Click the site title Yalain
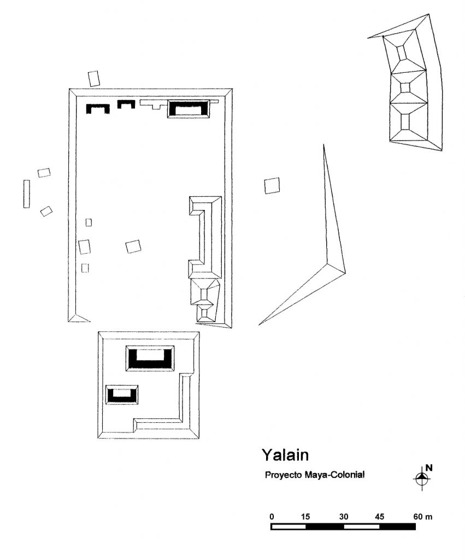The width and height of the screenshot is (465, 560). pyautogui.click(x=285, y=455)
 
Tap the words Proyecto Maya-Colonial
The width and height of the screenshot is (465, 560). pyautogui.click(x=315, y=475)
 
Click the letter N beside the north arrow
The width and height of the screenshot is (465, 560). pyautogui.click(x=429, y=468)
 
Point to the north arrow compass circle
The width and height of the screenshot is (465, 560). pyautogui.click(x=421, y=478)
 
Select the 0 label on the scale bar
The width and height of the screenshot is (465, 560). pyautogui.click(x=272, y=517)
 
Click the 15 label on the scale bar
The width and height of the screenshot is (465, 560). pyautogui.click(x=305, y=517)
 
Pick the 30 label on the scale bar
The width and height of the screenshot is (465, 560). pyautogui.click(x=344, y=517)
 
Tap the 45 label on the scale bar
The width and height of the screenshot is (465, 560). pyautogui.click(x=380, y=517)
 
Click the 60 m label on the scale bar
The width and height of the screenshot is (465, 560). pyautogui.click(x=423, y=517)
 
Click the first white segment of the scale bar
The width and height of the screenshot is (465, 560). pyautogui.click(x=289, y=527)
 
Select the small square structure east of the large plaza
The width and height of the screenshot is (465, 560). pyautogui.click(x=272, y=186)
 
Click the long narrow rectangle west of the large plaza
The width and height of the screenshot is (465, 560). pyautogui.click(x=27, y=194)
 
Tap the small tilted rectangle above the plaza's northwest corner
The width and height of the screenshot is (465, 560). pyautogui.click(x=94, y=79)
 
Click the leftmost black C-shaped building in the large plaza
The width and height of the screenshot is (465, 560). pyautogui.click(x=97, y=109)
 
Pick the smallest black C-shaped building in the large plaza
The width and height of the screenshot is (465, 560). pyautogui.click(x=126, y=104)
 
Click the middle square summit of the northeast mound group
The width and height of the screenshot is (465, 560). pyautogui.click(x=405, y=87)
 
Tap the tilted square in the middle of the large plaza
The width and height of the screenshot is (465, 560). pyautogui.click(x=133, y=247)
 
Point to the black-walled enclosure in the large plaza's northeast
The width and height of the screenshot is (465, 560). pyautogui.click(x=189, y=109)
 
